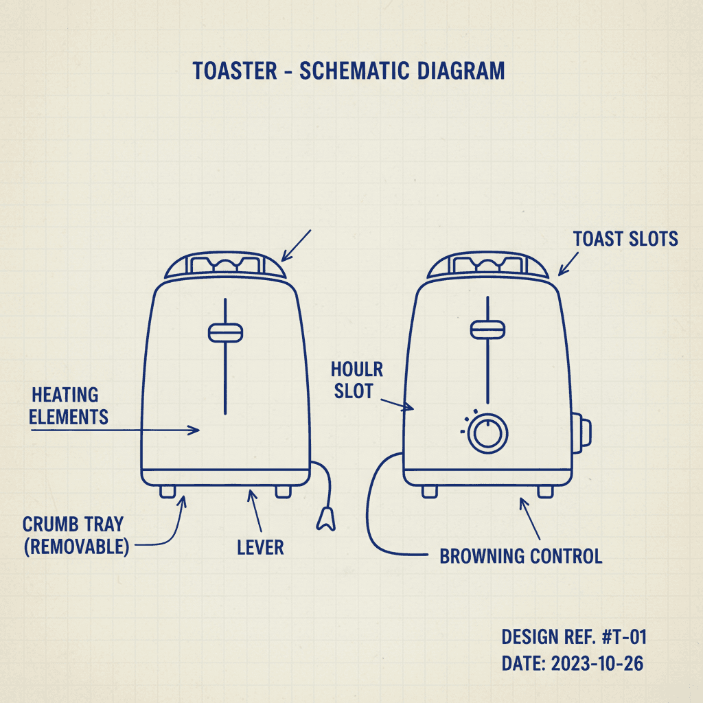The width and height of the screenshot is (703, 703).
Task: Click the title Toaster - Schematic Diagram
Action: (349, 71)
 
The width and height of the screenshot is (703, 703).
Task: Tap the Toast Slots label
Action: (625, 239)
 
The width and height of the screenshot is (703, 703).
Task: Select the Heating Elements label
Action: (69, 405)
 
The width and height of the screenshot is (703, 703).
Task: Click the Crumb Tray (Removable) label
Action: (75, 536)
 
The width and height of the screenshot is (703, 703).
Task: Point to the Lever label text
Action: (260, 547)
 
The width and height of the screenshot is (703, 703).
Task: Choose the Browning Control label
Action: (520, 555)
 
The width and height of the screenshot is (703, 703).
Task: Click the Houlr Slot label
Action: (356, 380)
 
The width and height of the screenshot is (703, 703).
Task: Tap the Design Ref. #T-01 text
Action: (574, 637)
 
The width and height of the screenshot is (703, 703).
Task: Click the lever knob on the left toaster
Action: (225, 332)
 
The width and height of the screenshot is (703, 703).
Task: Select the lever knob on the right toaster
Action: (487, 329)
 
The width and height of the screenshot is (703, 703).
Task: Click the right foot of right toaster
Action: (545, 491)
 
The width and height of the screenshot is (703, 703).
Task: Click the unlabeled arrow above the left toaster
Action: (297, 246)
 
